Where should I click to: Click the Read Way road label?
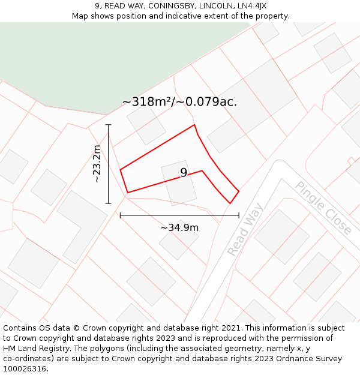tap(245, 230)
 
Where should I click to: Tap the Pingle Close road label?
tap(323, 208)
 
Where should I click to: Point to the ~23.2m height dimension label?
tap(97, 164)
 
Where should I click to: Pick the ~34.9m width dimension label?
tap(179, 227)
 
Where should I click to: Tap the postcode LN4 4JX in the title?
tap(251, 6)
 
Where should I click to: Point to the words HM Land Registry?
tap(34, 349)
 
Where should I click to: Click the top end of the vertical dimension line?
tap(109, 125)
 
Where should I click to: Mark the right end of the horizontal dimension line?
tap(239, 215)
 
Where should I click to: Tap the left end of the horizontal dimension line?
tap(121, 215)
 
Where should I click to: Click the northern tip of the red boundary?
tap(194, 125)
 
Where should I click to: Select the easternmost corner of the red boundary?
tap(239, 191)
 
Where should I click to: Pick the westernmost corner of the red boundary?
tap(121, 170)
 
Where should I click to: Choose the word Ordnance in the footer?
tap(292, 359)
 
